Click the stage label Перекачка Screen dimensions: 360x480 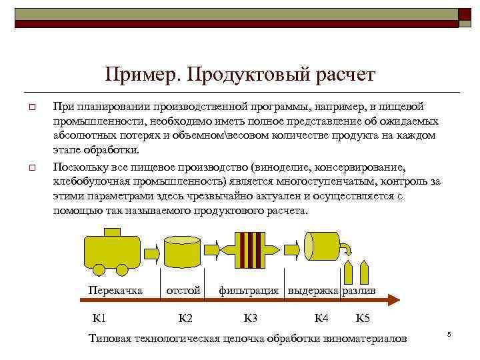pos(115,291)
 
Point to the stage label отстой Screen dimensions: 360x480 pos(183,291)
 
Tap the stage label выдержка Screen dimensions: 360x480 pos(313,291)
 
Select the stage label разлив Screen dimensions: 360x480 pos(359,291)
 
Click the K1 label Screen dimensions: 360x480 pos(100,317)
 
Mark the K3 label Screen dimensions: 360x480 pos(251,317)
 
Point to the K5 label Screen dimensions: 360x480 pos(364,317)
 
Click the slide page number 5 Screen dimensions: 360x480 pos(449,334)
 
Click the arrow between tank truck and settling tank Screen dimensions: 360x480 pos(151,251)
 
